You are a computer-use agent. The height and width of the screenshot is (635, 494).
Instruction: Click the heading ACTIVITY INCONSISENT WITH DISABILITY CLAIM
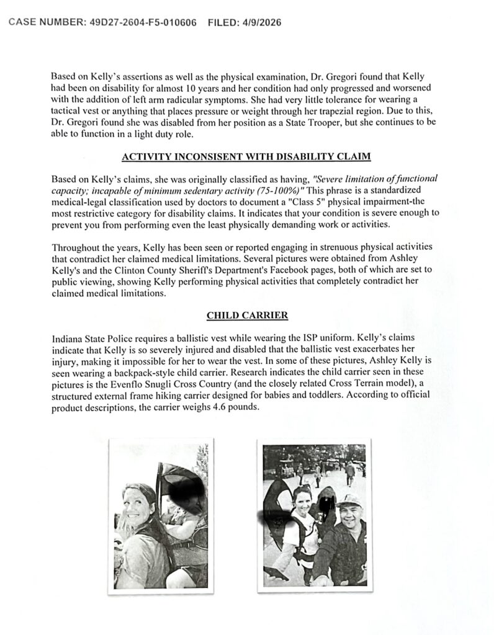(247, 158)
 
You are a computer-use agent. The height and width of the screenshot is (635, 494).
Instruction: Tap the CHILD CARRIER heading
(247, 316)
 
